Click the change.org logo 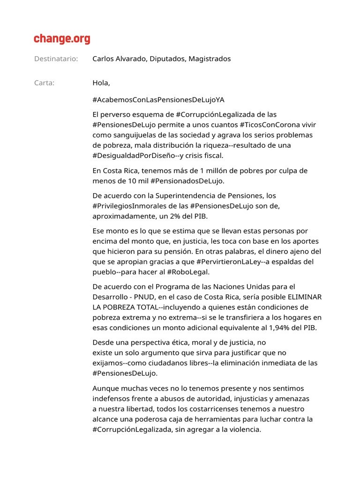pos(62,39)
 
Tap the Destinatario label pos(56,59)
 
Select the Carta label pos(45,83)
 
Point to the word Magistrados pos(210,59)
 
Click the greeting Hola pos(101,83)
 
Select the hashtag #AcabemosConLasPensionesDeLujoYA pos(158,100)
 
